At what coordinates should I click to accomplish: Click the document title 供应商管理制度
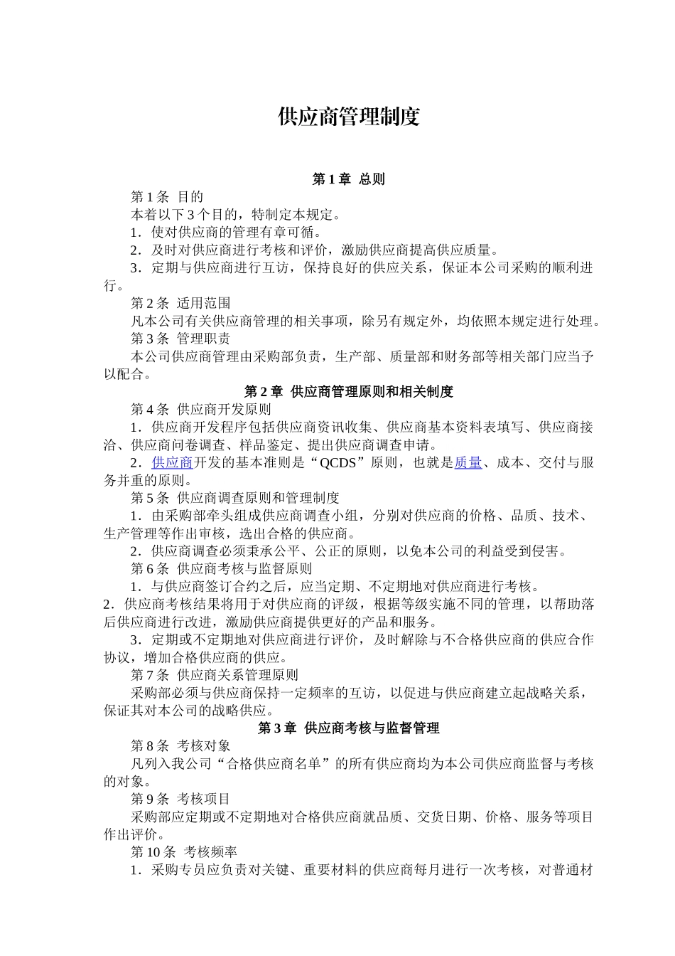[348, 117]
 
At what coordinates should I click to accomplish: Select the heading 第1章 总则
[348, 179]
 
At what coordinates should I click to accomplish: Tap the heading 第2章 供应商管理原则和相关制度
[348, 392]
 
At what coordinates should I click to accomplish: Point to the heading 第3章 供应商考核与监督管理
[348, 728]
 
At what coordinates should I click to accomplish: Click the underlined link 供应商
[173, 463]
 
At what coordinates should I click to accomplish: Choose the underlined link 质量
[468, 463]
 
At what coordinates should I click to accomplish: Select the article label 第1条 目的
[167, 197]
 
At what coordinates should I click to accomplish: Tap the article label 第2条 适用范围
[180, 304]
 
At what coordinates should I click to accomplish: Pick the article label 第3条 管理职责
[180, 339]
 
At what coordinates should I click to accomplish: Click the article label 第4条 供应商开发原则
[200, 410]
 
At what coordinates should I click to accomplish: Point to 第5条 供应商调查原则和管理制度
[234, 498]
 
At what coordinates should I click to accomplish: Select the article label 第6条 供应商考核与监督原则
[221, 569]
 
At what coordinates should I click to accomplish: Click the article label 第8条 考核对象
[180, 746]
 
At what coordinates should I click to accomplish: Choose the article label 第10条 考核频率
[184, 852]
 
